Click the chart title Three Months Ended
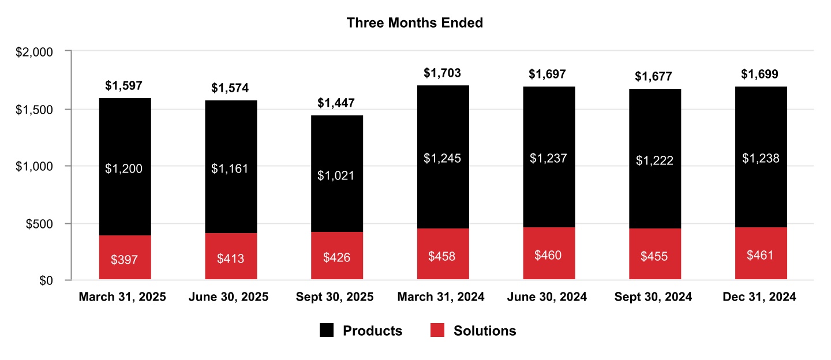click(414, 23)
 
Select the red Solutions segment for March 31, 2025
click(125, 257)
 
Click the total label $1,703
click(443, 73)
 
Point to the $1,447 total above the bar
click(336, 103)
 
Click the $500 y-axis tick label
click(38, 223)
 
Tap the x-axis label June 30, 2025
click(229, 297)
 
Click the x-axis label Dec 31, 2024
click(759, 297)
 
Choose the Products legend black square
click(327, 331)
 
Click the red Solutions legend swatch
click(437, 331)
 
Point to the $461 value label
click(761, 254)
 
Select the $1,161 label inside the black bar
click(231, 168)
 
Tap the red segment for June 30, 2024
click(549, 254)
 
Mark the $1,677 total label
click(654, 76)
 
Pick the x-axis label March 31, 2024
click(441, 297)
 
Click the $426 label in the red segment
click(336, 257)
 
